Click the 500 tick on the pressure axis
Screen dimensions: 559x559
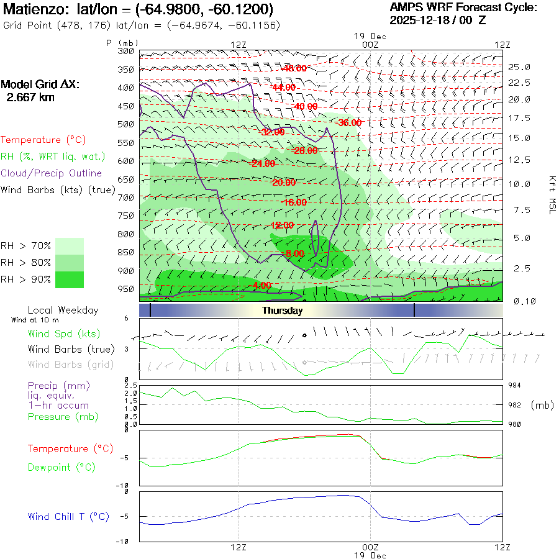coord(126,124)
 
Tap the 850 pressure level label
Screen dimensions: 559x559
coord(126,252)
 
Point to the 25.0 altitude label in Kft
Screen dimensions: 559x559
coord(519,67)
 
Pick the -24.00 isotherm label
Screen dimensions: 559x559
coord(263,164)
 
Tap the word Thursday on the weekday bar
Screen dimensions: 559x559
coord(282,311)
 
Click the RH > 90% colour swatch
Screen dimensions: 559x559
coord(70,279)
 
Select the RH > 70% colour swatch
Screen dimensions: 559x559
coord(70,246)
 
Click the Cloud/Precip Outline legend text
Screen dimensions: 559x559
coord(52,173)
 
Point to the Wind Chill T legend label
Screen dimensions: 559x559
coord(68,517)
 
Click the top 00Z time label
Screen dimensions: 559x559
coord(370,45)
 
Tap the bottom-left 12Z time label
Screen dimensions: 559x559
coord(239,547)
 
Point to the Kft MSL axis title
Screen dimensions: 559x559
coord(551,194)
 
